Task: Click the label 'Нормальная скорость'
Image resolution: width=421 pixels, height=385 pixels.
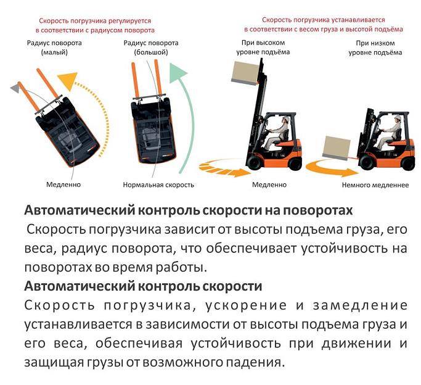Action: point(158,185)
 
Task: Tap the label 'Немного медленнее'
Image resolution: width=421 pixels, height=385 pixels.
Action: point(375,185)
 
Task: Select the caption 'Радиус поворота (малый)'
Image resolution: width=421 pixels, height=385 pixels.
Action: point(54,48)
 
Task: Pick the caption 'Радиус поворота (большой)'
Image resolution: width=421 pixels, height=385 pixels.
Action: point(151,48)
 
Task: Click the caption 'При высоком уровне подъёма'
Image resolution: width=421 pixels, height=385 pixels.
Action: point(263,48)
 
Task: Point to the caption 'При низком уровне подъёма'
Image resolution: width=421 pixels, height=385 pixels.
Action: point(375,48)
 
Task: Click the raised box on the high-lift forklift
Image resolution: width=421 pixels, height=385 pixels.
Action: point(245,72)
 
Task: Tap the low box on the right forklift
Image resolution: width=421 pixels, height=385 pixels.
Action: point(337,147)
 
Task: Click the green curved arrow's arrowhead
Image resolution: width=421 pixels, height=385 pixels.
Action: point(177,72)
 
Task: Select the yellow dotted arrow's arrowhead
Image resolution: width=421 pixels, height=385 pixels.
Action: point(68,80)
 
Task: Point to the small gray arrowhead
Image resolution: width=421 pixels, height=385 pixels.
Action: point(15,88)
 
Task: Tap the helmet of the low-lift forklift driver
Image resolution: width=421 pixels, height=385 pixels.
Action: point(398,117)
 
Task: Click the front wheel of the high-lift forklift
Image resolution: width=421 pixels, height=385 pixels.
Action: point(254,162)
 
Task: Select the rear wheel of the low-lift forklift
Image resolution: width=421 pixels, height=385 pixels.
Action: point(409,164)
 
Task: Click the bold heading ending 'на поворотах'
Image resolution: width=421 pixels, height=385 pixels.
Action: point(189,210)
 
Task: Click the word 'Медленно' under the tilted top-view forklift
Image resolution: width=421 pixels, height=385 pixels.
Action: point(63,185)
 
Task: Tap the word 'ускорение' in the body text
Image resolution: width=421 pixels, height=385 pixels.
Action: point(246,306)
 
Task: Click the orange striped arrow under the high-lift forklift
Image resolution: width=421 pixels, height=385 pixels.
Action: point(225,168)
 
